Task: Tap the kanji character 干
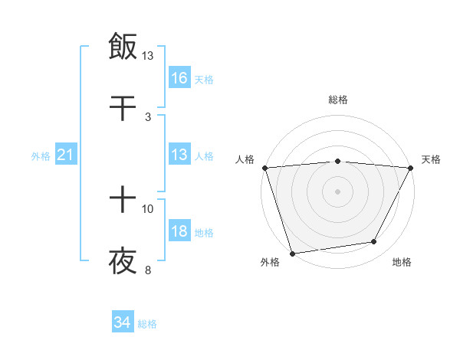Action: tap(123, 107)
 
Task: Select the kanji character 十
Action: tap(123, 201)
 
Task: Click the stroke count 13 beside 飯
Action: tap(148, 56)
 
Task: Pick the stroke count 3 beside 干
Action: tap(148, 116)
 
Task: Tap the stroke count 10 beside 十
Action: tap(148, 208)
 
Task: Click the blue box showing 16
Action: tap(179, 77)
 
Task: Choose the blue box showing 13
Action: tap(179, 155)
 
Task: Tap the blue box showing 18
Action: tap(179, 231)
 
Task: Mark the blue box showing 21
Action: tap(66, 155)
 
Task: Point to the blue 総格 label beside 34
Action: tap(147, 324)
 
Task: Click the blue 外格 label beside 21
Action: tap(41, 156)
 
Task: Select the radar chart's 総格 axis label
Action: tap(337, 100)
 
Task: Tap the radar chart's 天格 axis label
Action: tap(432, 159)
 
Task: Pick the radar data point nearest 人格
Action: tap(264, 168)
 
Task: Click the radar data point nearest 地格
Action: tap(374, 242)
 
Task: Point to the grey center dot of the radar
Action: tap(337, 191)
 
